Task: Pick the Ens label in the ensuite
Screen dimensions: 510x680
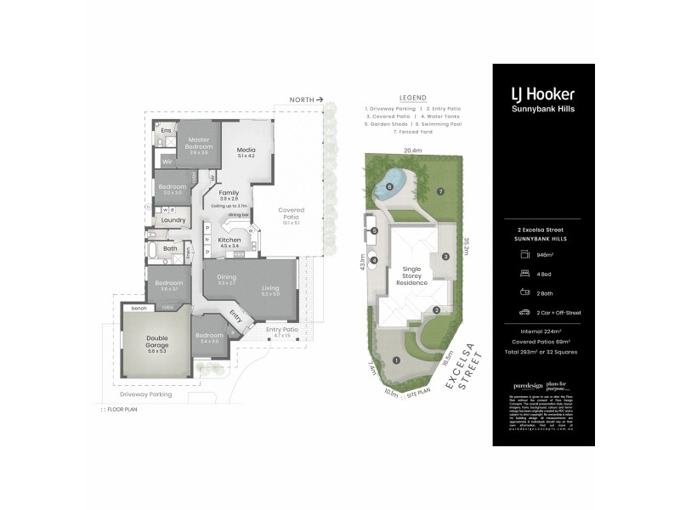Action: [167, 130]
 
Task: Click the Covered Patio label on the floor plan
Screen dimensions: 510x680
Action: [292, 213]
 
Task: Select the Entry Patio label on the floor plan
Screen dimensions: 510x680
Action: [282, 330]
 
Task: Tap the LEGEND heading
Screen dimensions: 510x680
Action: [412, 98]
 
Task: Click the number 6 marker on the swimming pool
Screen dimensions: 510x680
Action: [390, 186]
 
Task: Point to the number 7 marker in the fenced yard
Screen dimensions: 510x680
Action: [440, 192]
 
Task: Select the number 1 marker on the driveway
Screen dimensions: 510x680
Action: [396, 360]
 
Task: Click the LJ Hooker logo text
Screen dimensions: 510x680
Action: [543, 93]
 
